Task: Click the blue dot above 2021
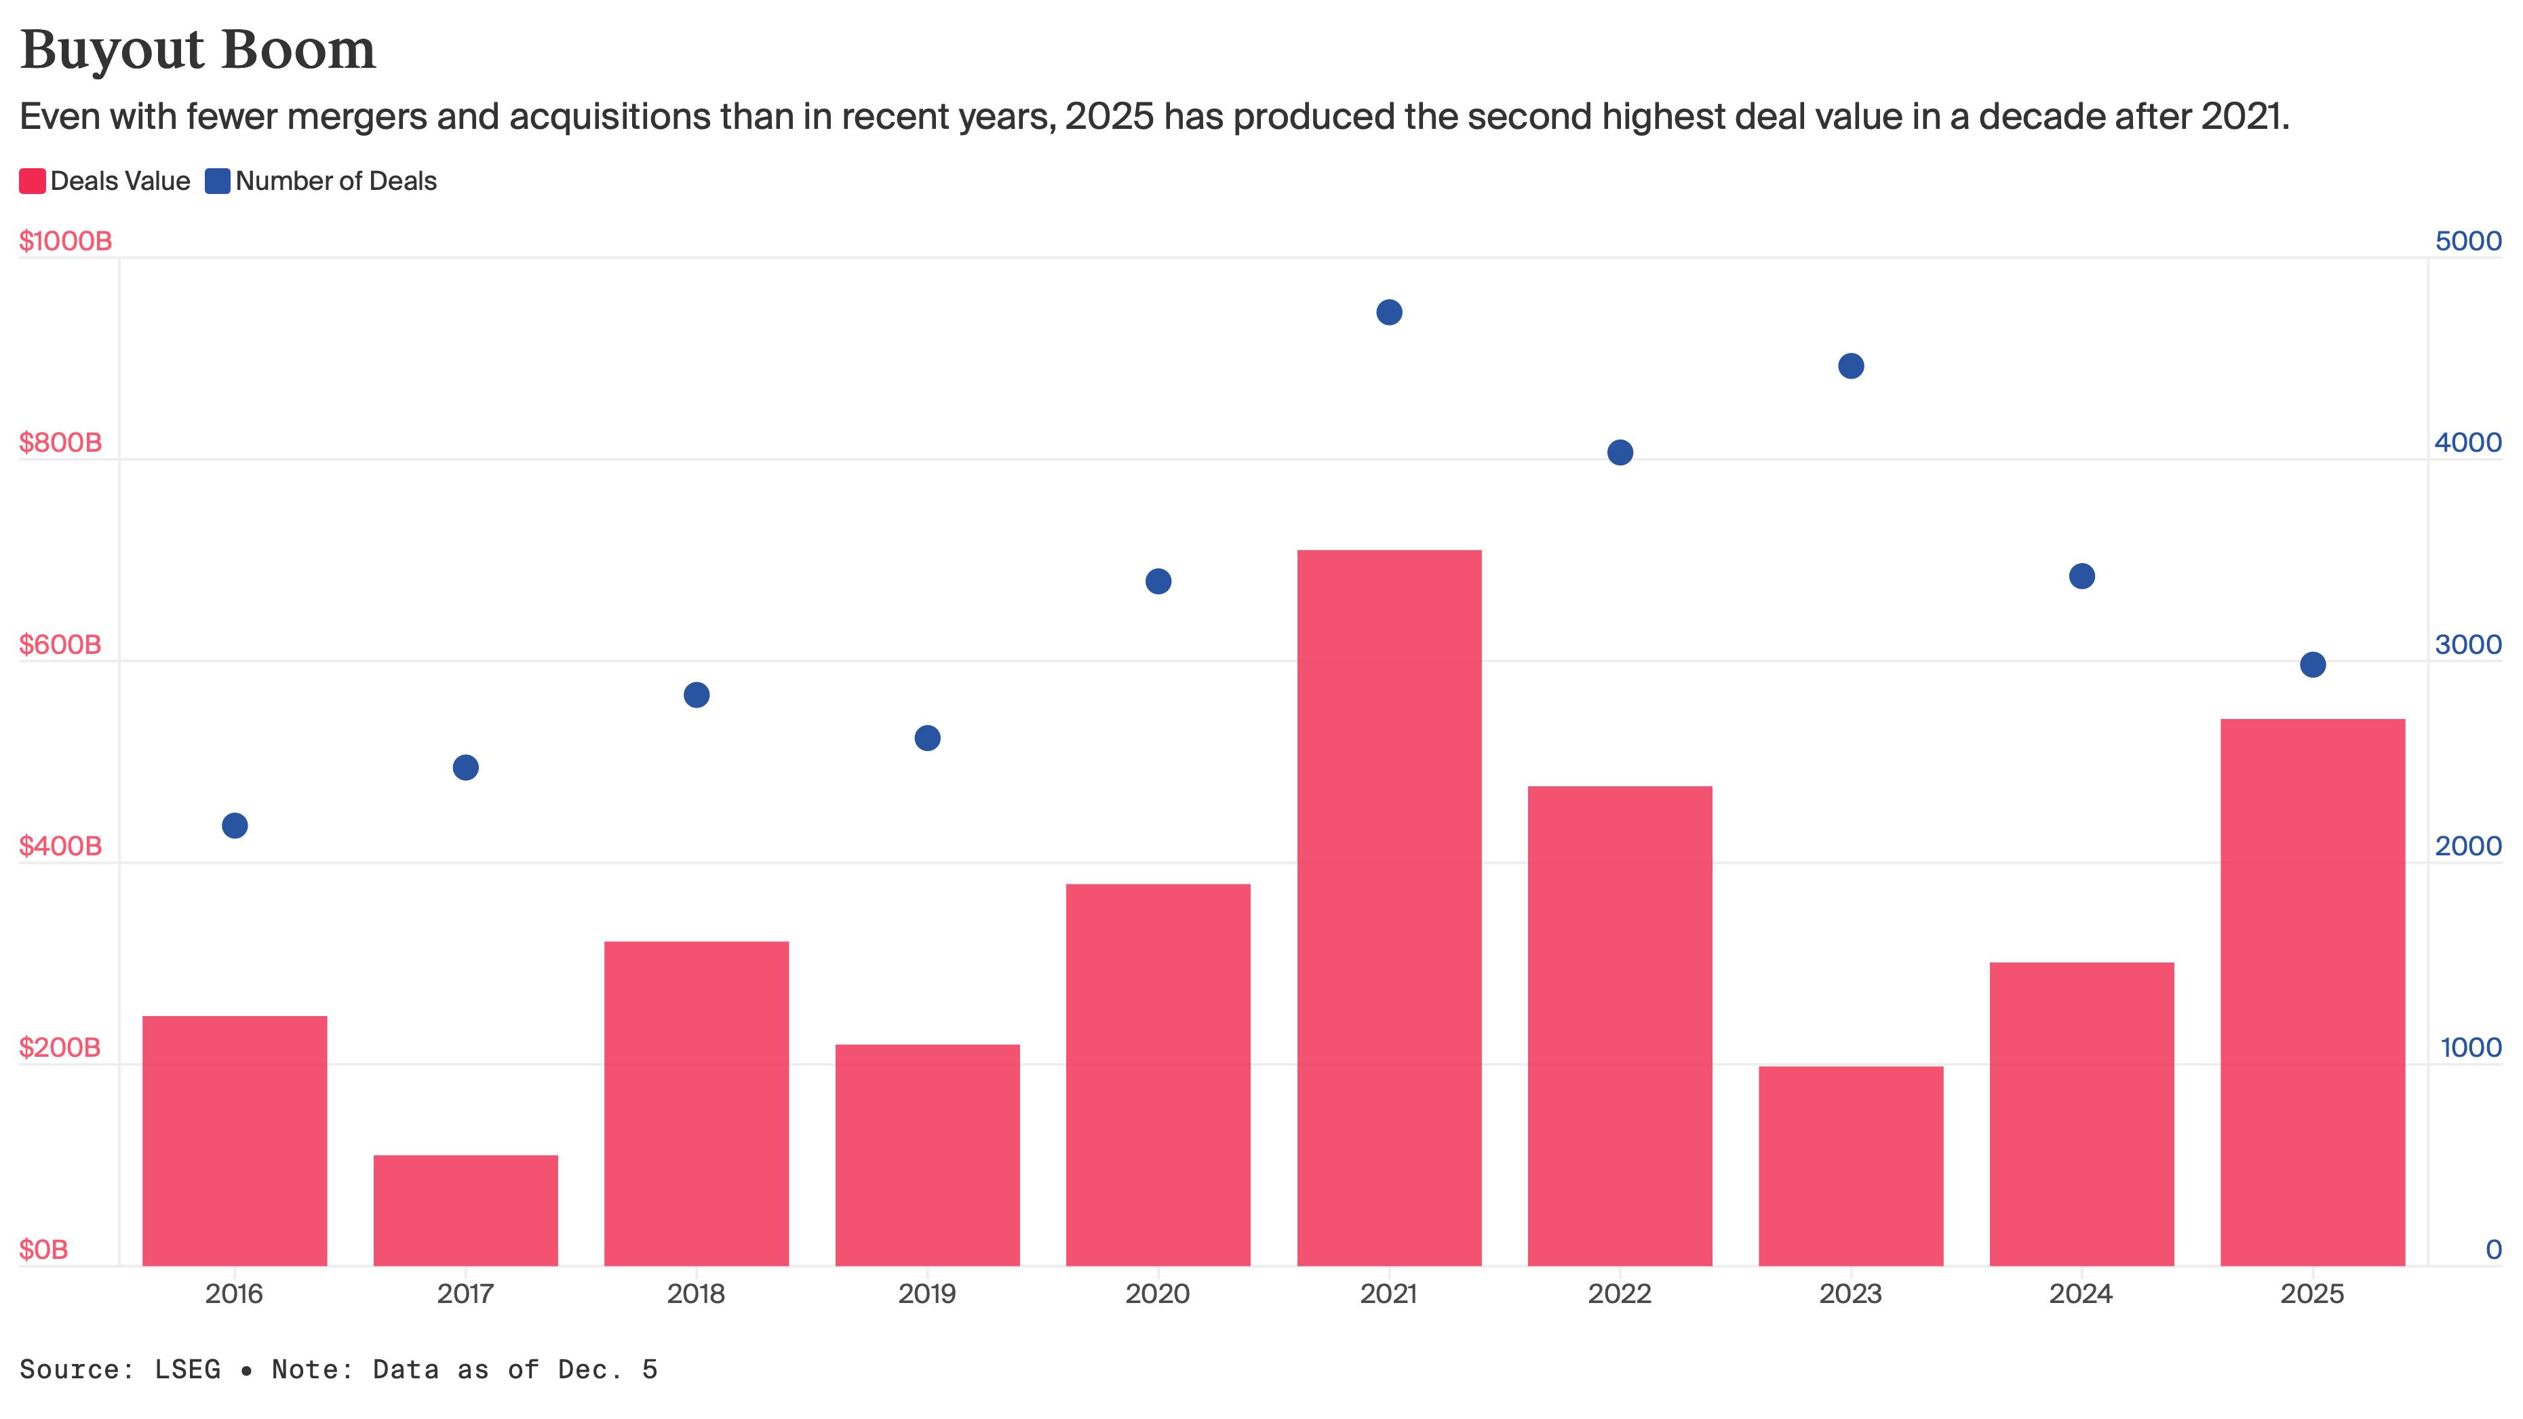pos(1389,313)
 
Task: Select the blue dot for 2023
pos(1851,366)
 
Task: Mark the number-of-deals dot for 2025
pos(2313,665)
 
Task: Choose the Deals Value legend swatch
pos(33,181)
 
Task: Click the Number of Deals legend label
pos(336,181)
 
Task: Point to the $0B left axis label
pos(44,1249)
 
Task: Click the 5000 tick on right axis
pos(2468,241)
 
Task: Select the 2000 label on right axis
pos(2468,846)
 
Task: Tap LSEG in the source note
pos(188,1369)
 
